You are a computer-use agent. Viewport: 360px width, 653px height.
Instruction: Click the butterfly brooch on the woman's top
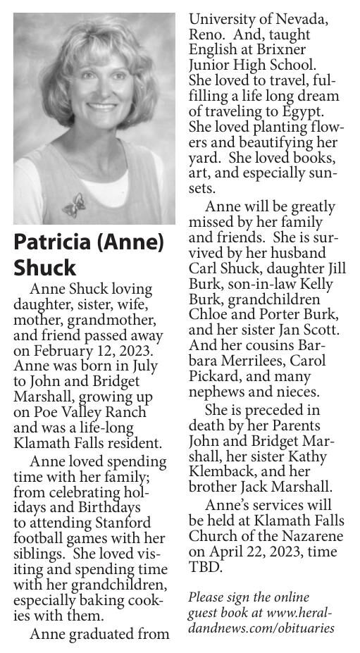coord(73,204)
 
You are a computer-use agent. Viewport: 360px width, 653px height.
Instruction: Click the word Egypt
coord(301,111)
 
